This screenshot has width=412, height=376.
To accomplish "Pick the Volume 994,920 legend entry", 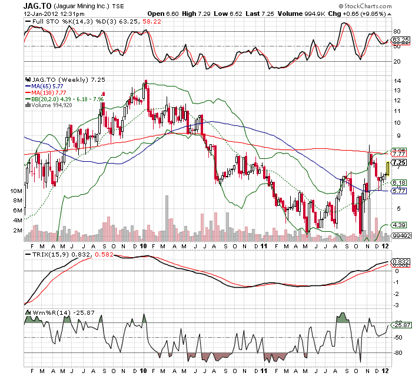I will (x=53, y=105).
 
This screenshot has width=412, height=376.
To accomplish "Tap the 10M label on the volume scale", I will (x=16, y=192).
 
